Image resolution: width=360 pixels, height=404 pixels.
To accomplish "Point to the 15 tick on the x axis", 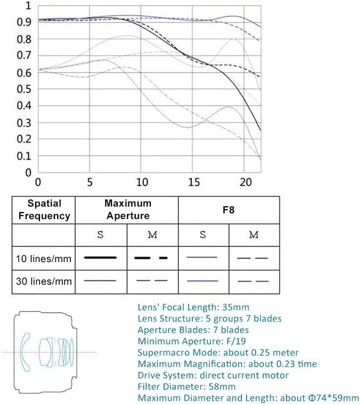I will [193, 182].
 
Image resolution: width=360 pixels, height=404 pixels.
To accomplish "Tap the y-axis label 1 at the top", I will [28, 6].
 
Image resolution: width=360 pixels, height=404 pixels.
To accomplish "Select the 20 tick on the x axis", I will [245, 182].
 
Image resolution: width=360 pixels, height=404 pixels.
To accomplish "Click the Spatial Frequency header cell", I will [44, 209].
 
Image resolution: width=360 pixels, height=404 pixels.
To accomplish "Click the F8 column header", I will [229, 209].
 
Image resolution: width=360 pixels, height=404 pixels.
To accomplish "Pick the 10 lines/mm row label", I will [44, 258].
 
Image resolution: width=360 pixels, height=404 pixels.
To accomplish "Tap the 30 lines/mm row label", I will [44, 282].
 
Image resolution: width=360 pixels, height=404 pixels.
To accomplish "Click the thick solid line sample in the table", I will [101, 257].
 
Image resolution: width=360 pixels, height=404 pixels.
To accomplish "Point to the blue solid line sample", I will [202, 281].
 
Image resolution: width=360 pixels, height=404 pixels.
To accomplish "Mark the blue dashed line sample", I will [253, 281].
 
